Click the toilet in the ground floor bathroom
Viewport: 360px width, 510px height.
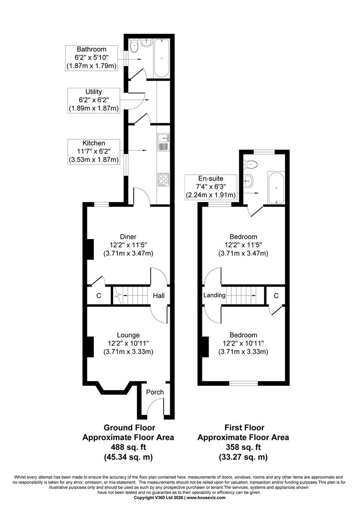click(x=134, y=46)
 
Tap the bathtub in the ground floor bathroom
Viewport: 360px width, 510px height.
click(x=162, y=58)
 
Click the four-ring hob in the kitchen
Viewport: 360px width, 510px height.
click(x=163, y=179)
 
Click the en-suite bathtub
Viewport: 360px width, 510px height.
click(x=276, y=187)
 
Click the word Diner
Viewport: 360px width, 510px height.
click(x=128, y=237)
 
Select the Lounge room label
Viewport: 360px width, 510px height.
click(x=128, y=335)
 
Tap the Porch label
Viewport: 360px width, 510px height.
click(x=155, y=392)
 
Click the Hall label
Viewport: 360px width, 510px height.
click(x=159, y=296)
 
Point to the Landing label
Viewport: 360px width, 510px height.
click(x=214, y=295)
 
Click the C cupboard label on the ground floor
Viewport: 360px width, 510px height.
click(x=99, y=296)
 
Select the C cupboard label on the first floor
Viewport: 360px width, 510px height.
click(x=276, y=296)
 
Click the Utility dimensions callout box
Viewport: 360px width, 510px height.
click(x=93, y=100)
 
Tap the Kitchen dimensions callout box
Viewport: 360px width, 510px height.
click(x=93, y=152)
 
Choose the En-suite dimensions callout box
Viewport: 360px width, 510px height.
click(x=211, y=187)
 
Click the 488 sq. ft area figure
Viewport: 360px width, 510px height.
click(x=128, y=447)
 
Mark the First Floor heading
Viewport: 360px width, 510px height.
click(x=244, y=428)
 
